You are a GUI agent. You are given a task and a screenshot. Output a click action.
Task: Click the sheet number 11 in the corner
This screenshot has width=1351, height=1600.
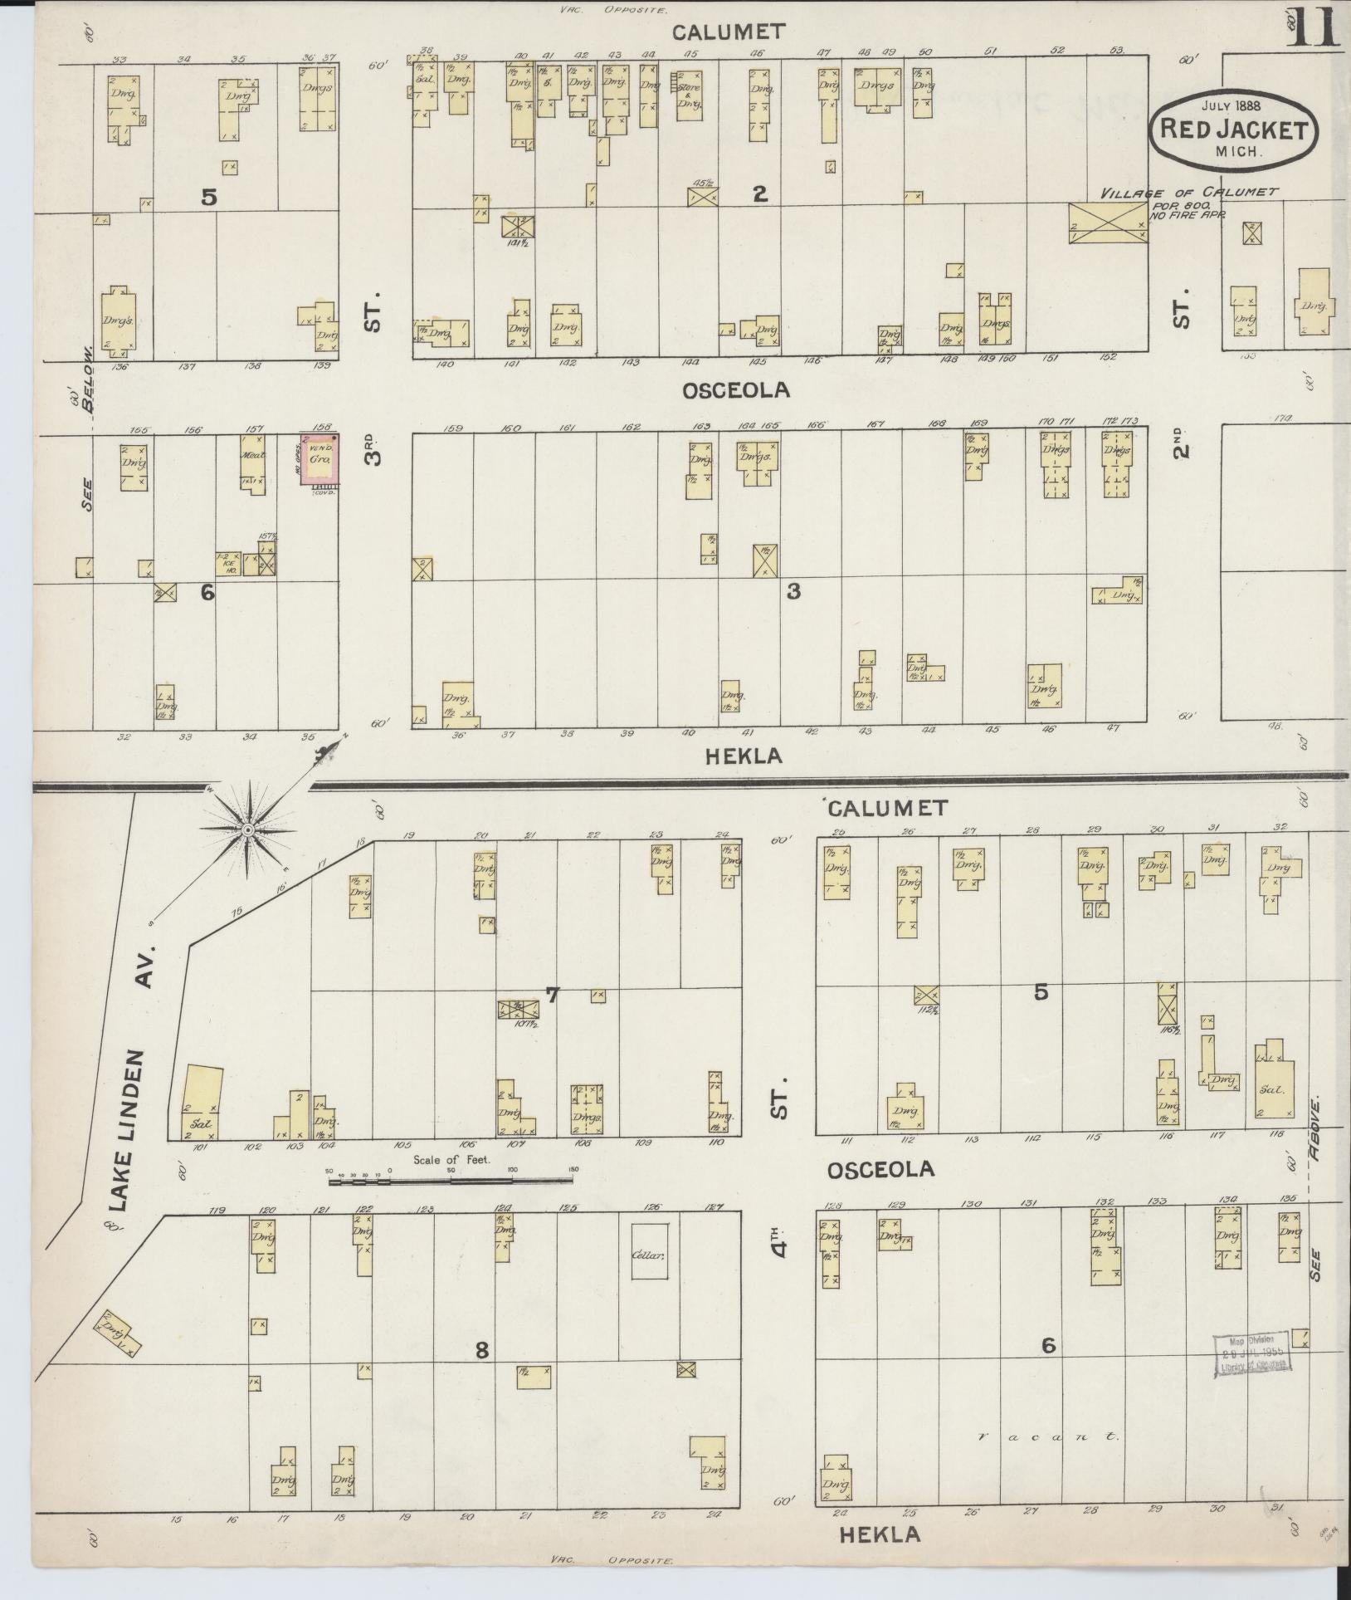coord(1314,27)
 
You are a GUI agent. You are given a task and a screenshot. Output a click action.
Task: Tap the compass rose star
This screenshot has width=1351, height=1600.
coord(246,829)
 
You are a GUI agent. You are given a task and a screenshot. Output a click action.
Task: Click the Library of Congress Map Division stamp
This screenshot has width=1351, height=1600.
coord(1251,1354)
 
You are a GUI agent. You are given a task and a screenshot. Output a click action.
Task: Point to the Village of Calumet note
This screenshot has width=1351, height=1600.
coord(1188,193)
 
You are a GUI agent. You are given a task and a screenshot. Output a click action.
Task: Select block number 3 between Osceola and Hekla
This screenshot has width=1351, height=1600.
coord(793,591)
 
